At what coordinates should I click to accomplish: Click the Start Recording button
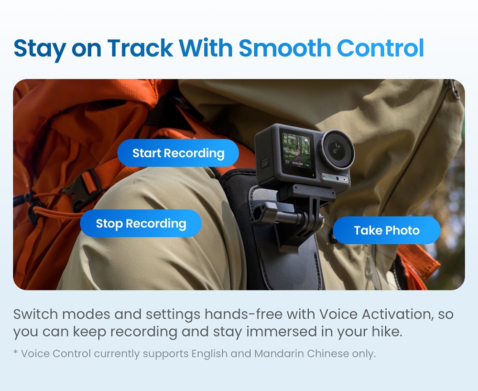[x=178, y=153]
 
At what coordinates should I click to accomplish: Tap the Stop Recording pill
[x=141, y=223]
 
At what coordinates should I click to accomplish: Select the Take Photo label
[x=386, y=230]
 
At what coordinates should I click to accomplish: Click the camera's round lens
[x=337, y=149]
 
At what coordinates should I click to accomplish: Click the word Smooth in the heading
[x=284, y=48]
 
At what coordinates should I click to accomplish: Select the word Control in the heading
[x=380, y=48]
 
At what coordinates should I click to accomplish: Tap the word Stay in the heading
[x=40, y=48]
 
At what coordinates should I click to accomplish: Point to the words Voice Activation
[x=367, y=314]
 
